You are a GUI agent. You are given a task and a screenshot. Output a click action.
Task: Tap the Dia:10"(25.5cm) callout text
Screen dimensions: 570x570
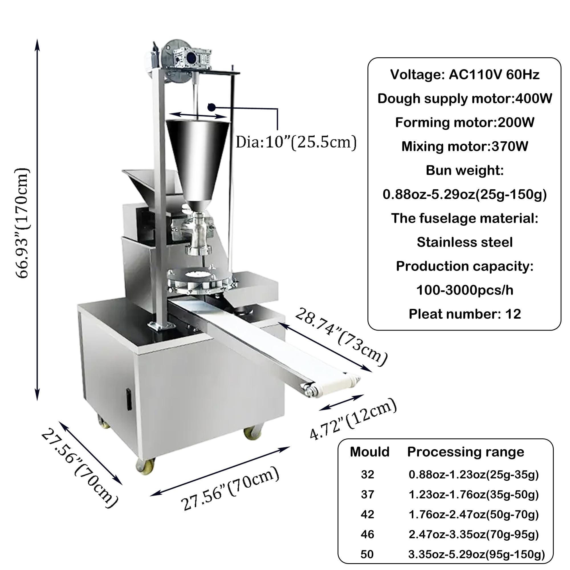point(296,142)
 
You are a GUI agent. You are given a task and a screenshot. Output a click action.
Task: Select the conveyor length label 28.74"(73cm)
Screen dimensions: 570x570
point(341,337)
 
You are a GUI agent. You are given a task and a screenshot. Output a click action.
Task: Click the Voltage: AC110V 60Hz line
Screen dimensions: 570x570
point(465,74)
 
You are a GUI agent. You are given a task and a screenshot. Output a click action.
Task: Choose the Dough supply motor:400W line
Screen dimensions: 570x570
point(465,98)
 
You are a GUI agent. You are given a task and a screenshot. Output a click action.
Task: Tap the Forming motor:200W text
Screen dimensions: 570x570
point(465,122)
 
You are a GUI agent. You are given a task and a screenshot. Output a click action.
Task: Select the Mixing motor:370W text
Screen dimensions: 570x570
point(465,146)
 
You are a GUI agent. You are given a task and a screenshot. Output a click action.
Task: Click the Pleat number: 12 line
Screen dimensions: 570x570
point(465,314)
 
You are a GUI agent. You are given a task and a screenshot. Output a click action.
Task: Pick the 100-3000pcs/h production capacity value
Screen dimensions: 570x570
point(465,290)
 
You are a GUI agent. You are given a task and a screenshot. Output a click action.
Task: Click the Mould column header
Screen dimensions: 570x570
point(369,452)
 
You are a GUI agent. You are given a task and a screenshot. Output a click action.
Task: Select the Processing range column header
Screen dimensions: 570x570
point(466,452)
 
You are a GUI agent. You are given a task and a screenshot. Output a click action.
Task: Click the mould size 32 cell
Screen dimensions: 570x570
point(367,475)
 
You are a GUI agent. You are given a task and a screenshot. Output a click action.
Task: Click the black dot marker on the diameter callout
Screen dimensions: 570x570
point(211,107)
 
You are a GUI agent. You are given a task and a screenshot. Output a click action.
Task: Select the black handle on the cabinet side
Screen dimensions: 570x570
point(129,400)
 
